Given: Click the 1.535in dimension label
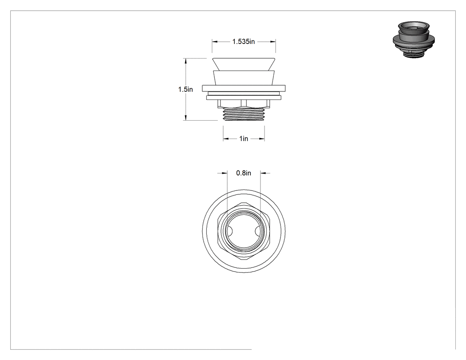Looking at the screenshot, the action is tap(243, 42).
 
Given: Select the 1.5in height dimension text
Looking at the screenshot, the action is tap(186, 90).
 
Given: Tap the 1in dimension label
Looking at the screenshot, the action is tap(244, 138).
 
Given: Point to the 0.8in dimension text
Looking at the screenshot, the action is tap(243, 173).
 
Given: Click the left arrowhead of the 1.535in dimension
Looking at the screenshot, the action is tap(214, 42).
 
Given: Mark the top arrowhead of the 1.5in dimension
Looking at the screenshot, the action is tap(186, 61).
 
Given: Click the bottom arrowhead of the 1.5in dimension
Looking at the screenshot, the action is tap(186, 118).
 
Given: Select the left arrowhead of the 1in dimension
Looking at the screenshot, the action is tap(226, 138).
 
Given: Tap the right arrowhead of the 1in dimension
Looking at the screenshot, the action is tap(262, 138).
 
